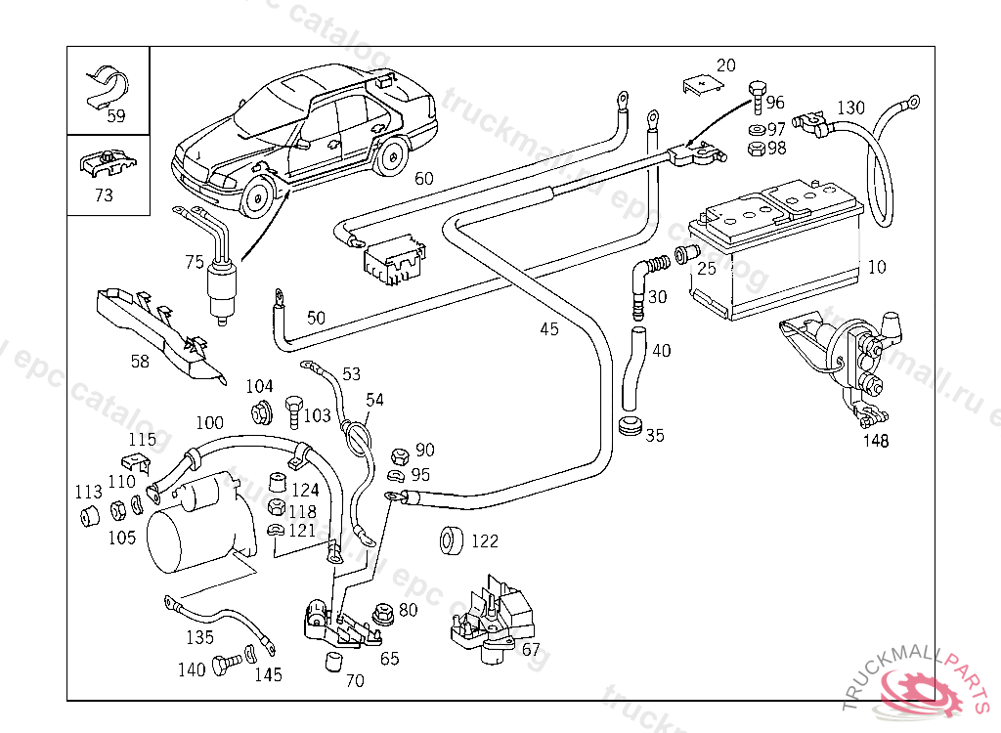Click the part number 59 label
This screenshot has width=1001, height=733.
tap(116, 116)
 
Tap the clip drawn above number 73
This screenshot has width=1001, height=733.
tap(107, 163)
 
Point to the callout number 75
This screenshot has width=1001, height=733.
tap(195, 262)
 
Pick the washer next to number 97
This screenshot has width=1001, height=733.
tap(756, 129)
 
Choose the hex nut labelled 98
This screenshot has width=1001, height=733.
tap(756, 149)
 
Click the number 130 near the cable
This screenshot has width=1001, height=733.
tap(851, 108)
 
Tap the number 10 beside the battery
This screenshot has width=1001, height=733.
tap(877, 267)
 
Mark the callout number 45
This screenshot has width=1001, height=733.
tap(549, 329)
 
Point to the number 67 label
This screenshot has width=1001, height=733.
tap(531, 650)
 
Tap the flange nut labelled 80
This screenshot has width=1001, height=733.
tap(383, 615)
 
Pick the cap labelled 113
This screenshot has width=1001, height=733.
tap(89, 514)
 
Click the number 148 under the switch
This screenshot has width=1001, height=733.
tap(876, 441)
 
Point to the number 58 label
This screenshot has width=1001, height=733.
tap(140, 362)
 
